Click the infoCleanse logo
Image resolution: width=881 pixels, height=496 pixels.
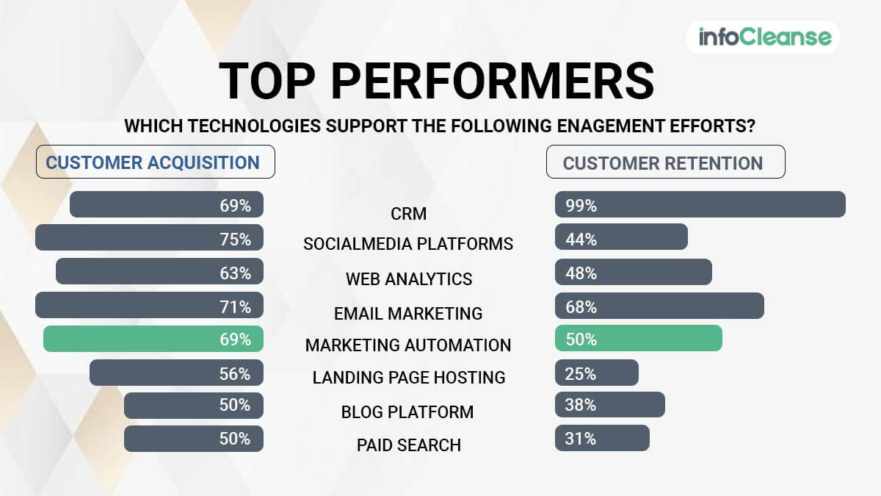765,37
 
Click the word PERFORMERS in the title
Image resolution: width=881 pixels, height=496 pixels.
493,81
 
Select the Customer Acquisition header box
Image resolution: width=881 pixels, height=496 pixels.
156,162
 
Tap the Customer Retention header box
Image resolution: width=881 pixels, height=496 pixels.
665,162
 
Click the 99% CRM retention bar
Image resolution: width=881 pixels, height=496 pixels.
700,204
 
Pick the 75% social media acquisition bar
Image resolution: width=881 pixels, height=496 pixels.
150,237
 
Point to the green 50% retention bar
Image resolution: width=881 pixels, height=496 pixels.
638,338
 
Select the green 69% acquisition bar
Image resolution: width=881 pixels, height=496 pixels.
153,339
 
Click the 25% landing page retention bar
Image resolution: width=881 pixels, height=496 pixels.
597,373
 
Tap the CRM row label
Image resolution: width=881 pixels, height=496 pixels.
409,214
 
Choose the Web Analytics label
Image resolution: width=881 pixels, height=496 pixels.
409,279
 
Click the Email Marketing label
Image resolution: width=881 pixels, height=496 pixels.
408,314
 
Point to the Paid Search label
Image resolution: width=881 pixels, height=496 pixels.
409,445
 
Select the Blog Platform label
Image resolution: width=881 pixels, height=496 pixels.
407,412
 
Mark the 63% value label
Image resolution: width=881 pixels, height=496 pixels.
235,273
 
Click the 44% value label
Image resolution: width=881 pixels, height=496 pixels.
581,240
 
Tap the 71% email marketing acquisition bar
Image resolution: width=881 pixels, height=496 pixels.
150,305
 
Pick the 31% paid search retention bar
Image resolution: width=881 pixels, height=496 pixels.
602,438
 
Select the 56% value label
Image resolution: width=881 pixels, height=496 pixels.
235,374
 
